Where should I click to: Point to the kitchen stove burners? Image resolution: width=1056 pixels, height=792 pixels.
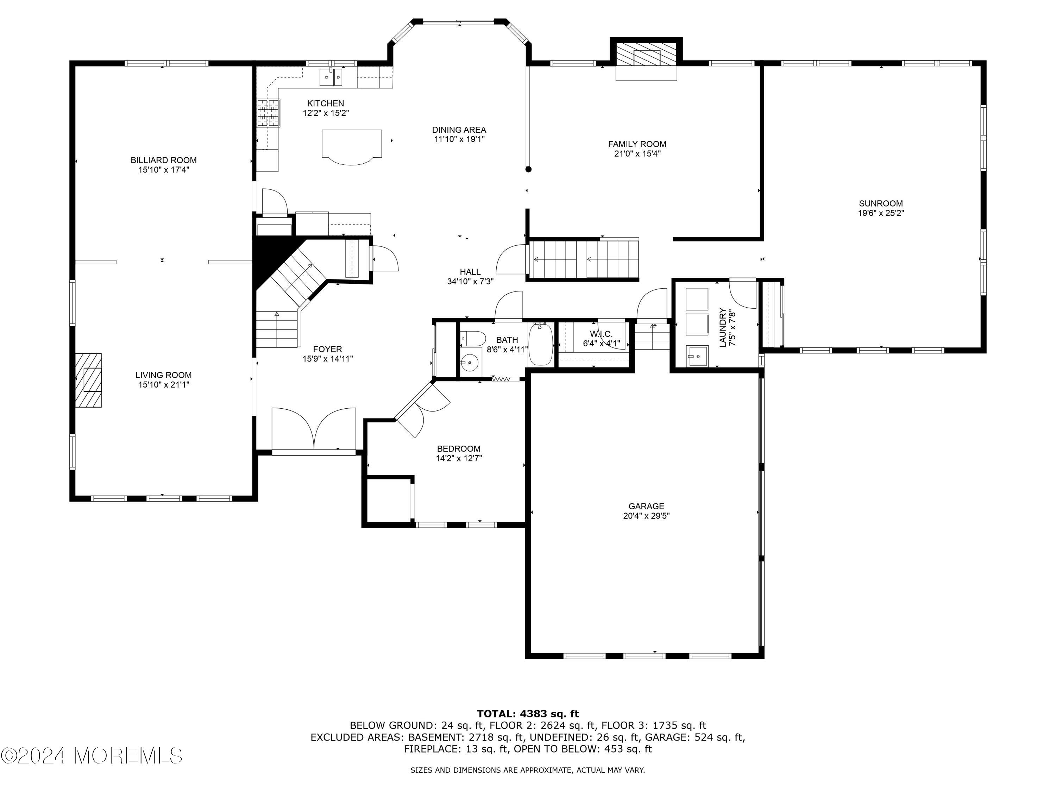[x=268, y=113]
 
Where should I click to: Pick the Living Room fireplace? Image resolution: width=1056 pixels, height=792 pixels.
[x=89, y=380]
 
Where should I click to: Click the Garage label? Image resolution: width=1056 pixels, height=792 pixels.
[x=646, y=506]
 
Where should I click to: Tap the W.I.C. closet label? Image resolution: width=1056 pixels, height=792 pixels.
[x=601, y=334]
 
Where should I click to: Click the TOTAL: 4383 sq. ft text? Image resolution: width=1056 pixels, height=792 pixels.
[x=528, y=714]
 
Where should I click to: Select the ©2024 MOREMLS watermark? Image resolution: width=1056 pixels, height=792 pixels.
[x=92, y=756]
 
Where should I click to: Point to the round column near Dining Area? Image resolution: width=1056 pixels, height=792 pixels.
[x=528, y=169]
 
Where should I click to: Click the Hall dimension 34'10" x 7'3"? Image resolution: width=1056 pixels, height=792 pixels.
[x=470, y=282]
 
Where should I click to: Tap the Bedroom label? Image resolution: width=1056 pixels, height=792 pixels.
[x=458, y=449]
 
